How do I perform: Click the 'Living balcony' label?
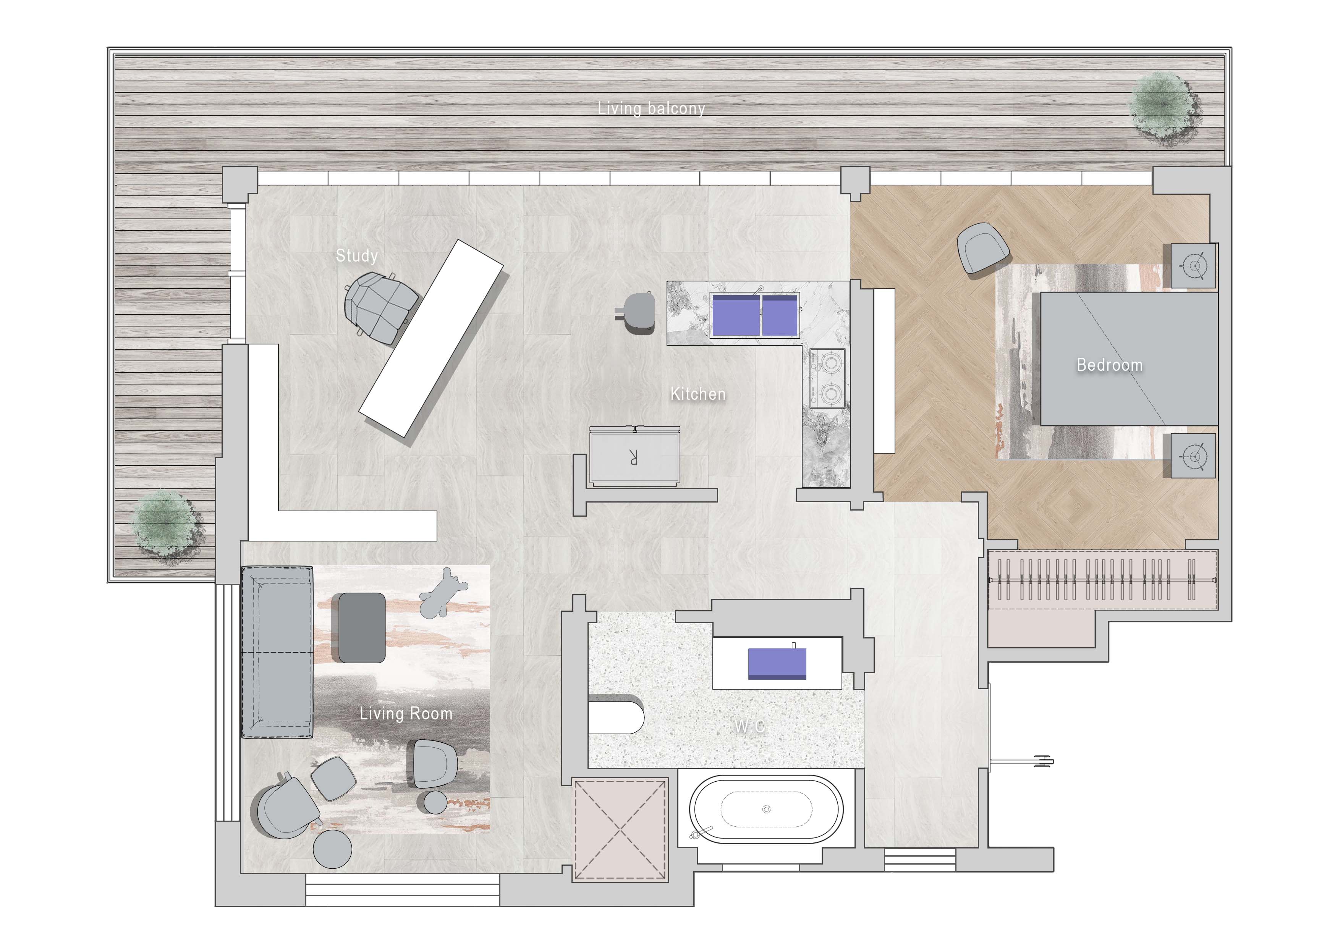point(651,108)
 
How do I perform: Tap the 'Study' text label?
point(357,255)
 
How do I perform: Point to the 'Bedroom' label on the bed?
point(1109,365)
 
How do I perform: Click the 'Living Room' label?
point(406,714)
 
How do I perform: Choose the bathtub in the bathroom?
point(766,809)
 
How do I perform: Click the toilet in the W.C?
point(616,714)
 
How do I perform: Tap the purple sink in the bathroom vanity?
point(777,664)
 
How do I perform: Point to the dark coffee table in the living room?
point(361,628)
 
